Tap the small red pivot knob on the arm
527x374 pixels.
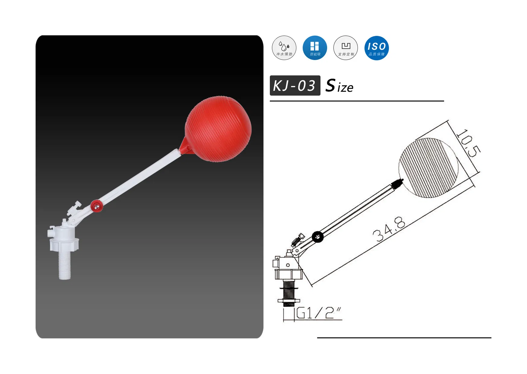pos(96,206)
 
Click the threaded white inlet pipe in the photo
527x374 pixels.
pos(65,265)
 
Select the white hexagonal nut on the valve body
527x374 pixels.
pos(64,243)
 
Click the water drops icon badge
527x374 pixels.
pos(284,48)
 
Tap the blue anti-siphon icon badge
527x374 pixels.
pos(315,48)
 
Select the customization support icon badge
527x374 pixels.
pos(346,48)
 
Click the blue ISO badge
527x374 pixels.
pos(376,48)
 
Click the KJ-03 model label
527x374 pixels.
pos(295,86)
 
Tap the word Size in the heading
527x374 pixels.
pos(339,86)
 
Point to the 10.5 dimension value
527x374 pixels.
pos(468,144)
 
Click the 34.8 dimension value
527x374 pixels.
pos(389,229)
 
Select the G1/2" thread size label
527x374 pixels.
pos(319,313)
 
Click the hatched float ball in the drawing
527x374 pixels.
pos(428,168)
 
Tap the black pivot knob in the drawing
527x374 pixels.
pos(317,237)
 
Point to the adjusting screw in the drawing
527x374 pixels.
pos(298,240)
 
